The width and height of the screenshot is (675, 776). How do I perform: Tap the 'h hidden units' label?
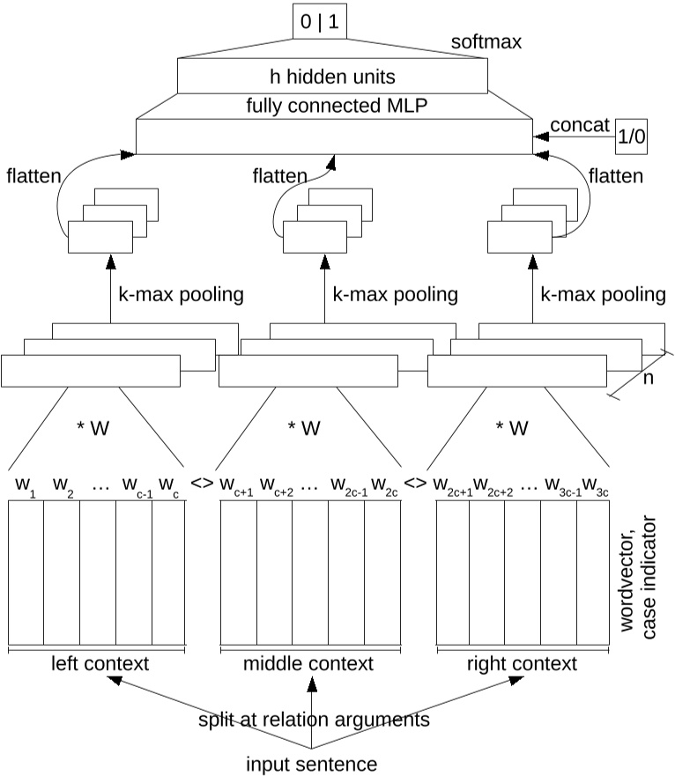333,76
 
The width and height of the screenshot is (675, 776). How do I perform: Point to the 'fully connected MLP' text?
333,107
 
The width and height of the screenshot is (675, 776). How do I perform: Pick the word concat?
580,125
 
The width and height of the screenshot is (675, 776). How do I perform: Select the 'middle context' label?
308,662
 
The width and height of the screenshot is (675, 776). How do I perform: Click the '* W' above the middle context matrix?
305,429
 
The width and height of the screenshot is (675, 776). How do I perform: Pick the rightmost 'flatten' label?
614,176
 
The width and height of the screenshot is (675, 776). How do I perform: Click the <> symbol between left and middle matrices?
202,484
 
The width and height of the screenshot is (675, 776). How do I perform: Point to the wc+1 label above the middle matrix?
236,484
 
